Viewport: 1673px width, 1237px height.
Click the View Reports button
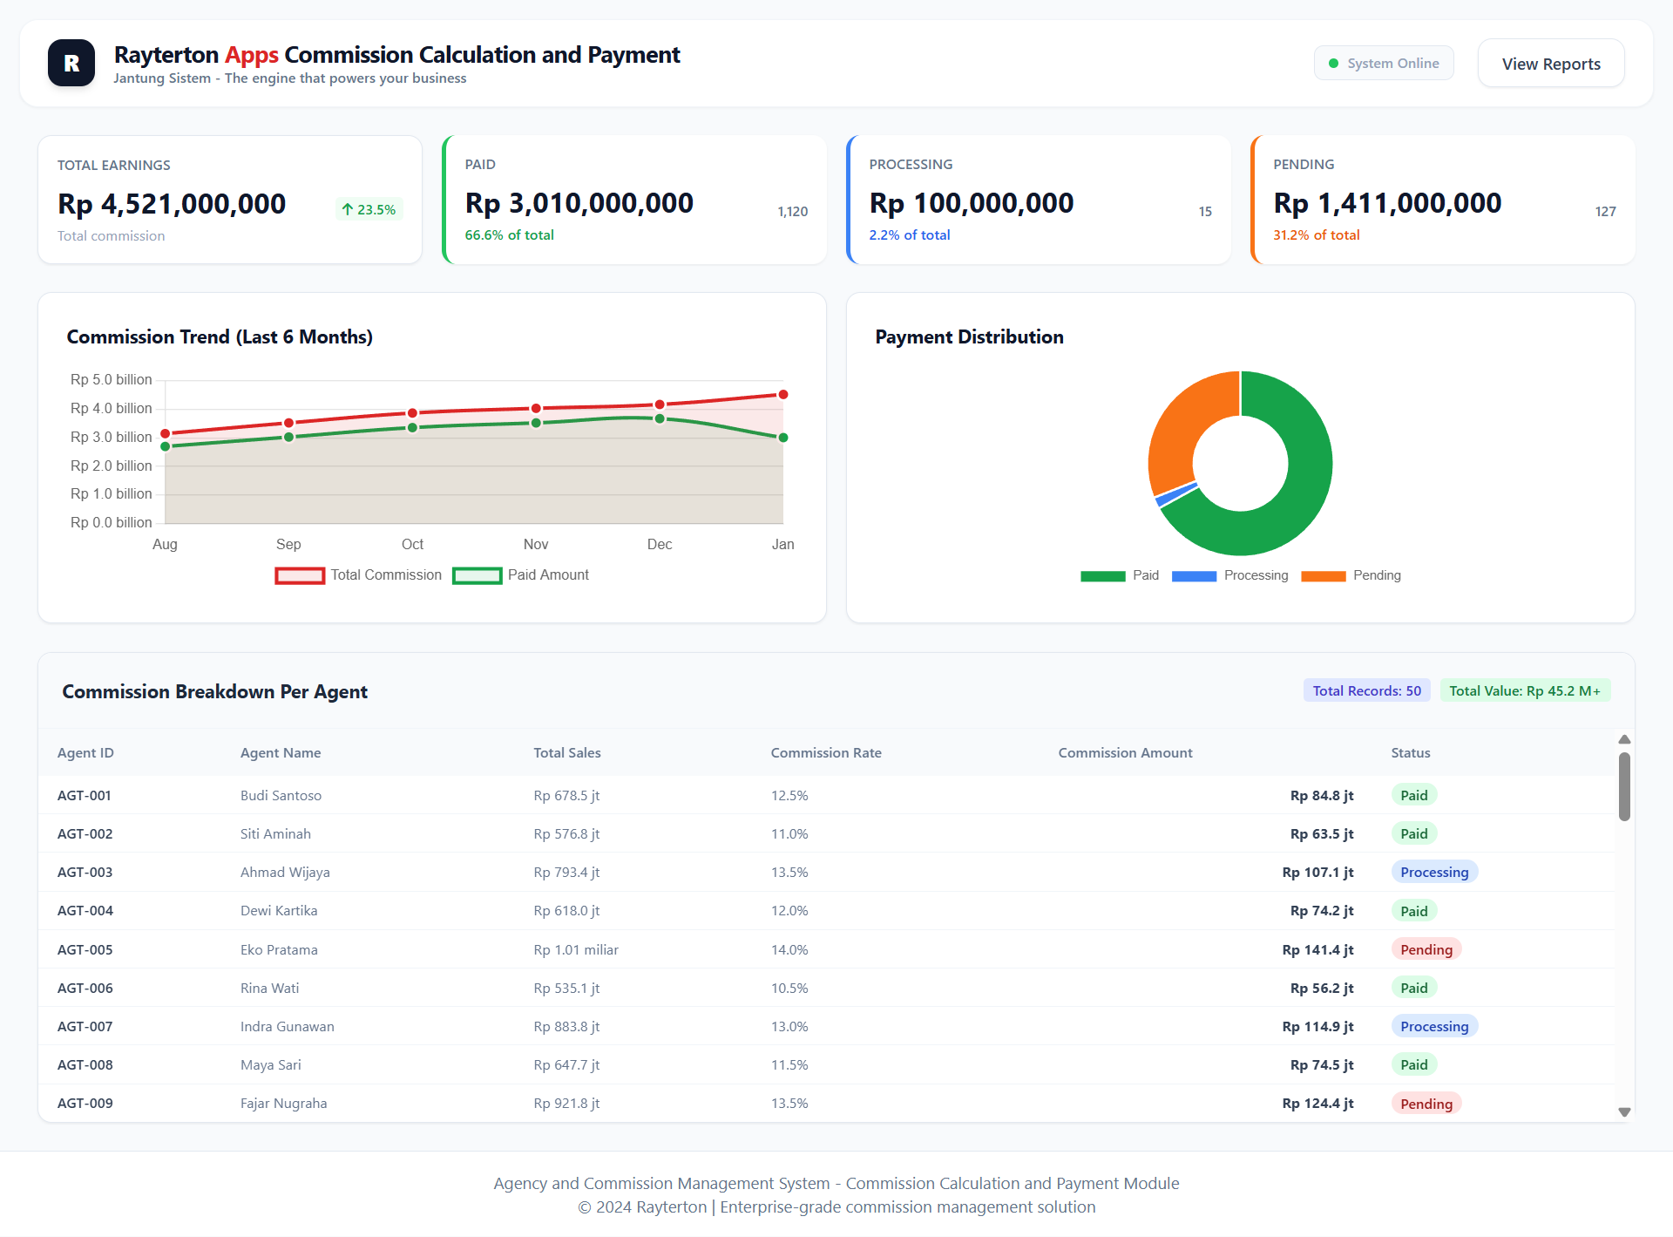coord(1550,64)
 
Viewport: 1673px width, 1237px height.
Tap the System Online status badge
coord(1383,64)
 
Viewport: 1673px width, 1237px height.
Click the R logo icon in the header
coord(71,63)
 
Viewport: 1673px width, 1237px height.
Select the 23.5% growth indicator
coord(369,209)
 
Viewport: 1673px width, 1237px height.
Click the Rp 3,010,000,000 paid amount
coord(579,203)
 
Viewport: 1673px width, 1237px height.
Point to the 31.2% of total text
coord(1316,235)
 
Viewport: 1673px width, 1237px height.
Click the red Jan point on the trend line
coord(783,395)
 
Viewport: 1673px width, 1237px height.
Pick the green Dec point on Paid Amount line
coord(660,418)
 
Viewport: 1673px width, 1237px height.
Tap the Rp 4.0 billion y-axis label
coord(111,408)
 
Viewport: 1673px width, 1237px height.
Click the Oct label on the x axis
coord(412,544)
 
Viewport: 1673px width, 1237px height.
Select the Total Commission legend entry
coord(359,575)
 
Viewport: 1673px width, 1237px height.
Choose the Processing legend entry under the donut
coord(1229,575)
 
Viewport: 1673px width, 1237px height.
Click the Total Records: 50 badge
coord(1366,690)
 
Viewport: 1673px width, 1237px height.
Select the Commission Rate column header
coord(825,752)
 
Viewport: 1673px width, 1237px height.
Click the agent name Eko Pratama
coord(279,949)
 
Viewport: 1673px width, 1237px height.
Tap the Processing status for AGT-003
coord(1433,872)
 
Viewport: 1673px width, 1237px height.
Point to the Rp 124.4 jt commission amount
coord(1317,1103)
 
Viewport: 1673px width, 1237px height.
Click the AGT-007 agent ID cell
coord(85,1026)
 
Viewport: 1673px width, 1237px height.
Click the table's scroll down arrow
coord(1624,1112)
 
